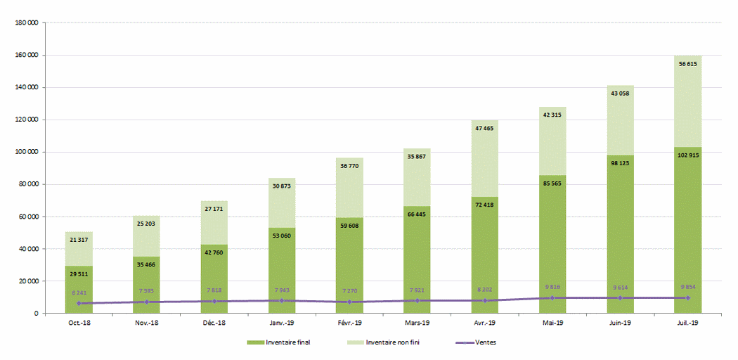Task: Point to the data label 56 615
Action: tap(687, 64)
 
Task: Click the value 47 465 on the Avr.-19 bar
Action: tap(484, 129)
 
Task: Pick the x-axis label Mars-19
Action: tap(417, 323)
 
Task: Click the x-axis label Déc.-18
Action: tap(214, 323)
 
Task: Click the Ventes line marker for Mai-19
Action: tap(552, 297)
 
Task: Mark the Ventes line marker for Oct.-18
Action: tap(79, 303)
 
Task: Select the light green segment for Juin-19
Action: tap(620, 120)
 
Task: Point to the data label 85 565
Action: tap(552, 184)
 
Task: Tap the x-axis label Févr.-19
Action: tap(349, 323)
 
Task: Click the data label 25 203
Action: tap(146, 224)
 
